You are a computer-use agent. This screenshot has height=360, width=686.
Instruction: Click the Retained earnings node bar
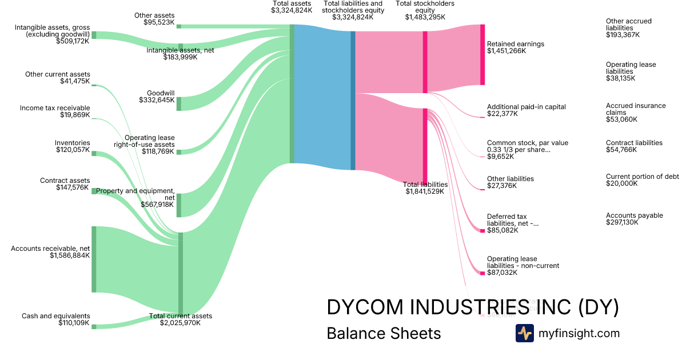pos(482,55)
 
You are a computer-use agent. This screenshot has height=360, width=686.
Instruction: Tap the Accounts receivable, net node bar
pos(94,259)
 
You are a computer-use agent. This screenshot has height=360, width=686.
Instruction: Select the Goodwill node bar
pos(179,103)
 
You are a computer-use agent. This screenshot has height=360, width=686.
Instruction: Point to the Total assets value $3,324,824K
pos(292,10)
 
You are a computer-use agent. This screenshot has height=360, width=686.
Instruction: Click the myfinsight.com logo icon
pos(524,333)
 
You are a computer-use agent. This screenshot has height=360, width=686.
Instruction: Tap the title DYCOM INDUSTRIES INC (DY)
pos(473,307)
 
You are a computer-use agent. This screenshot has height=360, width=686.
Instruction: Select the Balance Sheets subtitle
pos(384,333)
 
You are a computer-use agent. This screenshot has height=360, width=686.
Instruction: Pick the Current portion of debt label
pos(642,177)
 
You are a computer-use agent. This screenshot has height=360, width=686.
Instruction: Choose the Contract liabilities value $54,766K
pos(621,150)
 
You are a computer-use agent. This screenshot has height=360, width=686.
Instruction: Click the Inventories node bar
pos(94,153)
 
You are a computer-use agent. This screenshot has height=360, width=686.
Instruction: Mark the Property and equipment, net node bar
pos(179,205)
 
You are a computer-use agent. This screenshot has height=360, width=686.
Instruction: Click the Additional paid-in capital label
pos(526,107)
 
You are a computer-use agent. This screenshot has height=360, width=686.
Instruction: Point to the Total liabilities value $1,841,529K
pos(425,191)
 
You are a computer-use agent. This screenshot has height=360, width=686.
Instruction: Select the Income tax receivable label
pos(55,108)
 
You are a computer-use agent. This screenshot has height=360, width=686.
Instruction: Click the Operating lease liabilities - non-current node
pos(482,273)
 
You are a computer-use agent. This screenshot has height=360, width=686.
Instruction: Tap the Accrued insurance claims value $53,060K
pos(621,119)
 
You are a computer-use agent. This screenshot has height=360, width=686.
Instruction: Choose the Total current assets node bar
pos(181,273)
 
